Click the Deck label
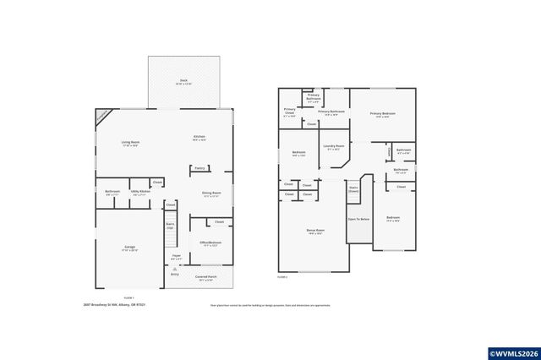[x=183, y=83]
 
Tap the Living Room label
[x=130, y=144]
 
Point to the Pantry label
[x=200, y=167]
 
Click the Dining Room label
[x=211, y=194]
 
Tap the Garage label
[x=129, y=248]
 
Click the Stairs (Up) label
[x=170, y=226]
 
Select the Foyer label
[x=177, y=257]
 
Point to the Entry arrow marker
[x=174, y=269]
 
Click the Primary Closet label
[x=290, y=111]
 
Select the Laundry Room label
[x=334, y=147]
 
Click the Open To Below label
[x=358, y=219]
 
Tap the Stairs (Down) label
[x=354, y=190]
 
